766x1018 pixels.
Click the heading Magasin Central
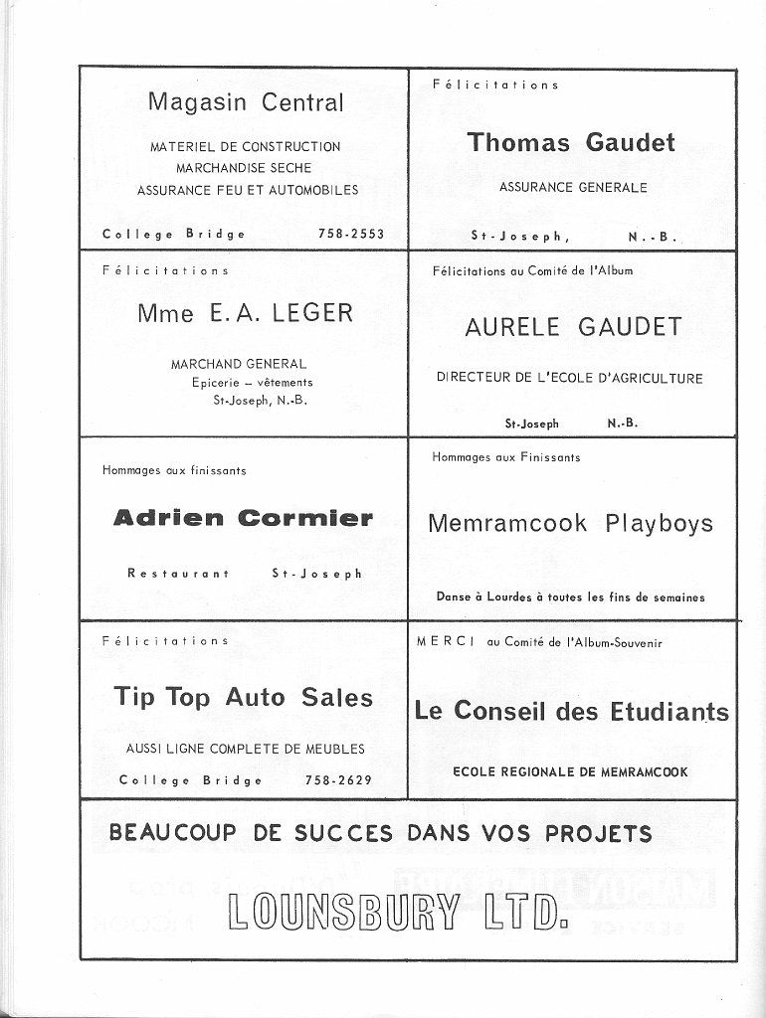[245, 102]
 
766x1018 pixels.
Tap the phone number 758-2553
[350, 235]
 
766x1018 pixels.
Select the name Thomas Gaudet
[571, 142]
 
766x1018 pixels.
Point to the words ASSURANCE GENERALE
[573, 187]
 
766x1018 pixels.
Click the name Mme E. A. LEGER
[245, 313]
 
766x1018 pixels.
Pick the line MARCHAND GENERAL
[239, 364]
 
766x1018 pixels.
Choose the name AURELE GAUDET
[573, 327]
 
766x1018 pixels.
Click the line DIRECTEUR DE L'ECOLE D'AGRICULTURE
[569, 378]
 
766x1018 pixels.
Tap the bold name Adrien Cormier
[244, 518]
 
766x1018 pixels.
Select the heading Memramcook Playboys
[570, 524]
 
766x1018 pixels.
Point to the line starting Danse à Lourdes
[570, 597]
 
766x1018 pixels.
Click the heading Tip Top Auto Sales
[244, 697]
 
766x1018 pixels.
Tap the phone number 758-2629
[338, 780]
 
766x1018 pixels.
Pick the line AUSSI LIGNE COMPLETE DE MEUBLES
[245, 749]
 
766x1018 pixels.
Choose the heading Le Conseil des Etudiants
[571, 711]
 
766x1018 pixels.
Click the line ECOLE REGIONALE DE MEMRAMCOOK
[570, 771]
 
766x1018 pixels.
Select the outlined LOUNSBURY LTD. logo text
[398, 913]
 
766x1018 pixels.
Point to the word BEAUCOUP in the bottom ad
[173, 833]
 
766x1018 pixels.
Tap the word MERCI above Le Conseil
[446, 642]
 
